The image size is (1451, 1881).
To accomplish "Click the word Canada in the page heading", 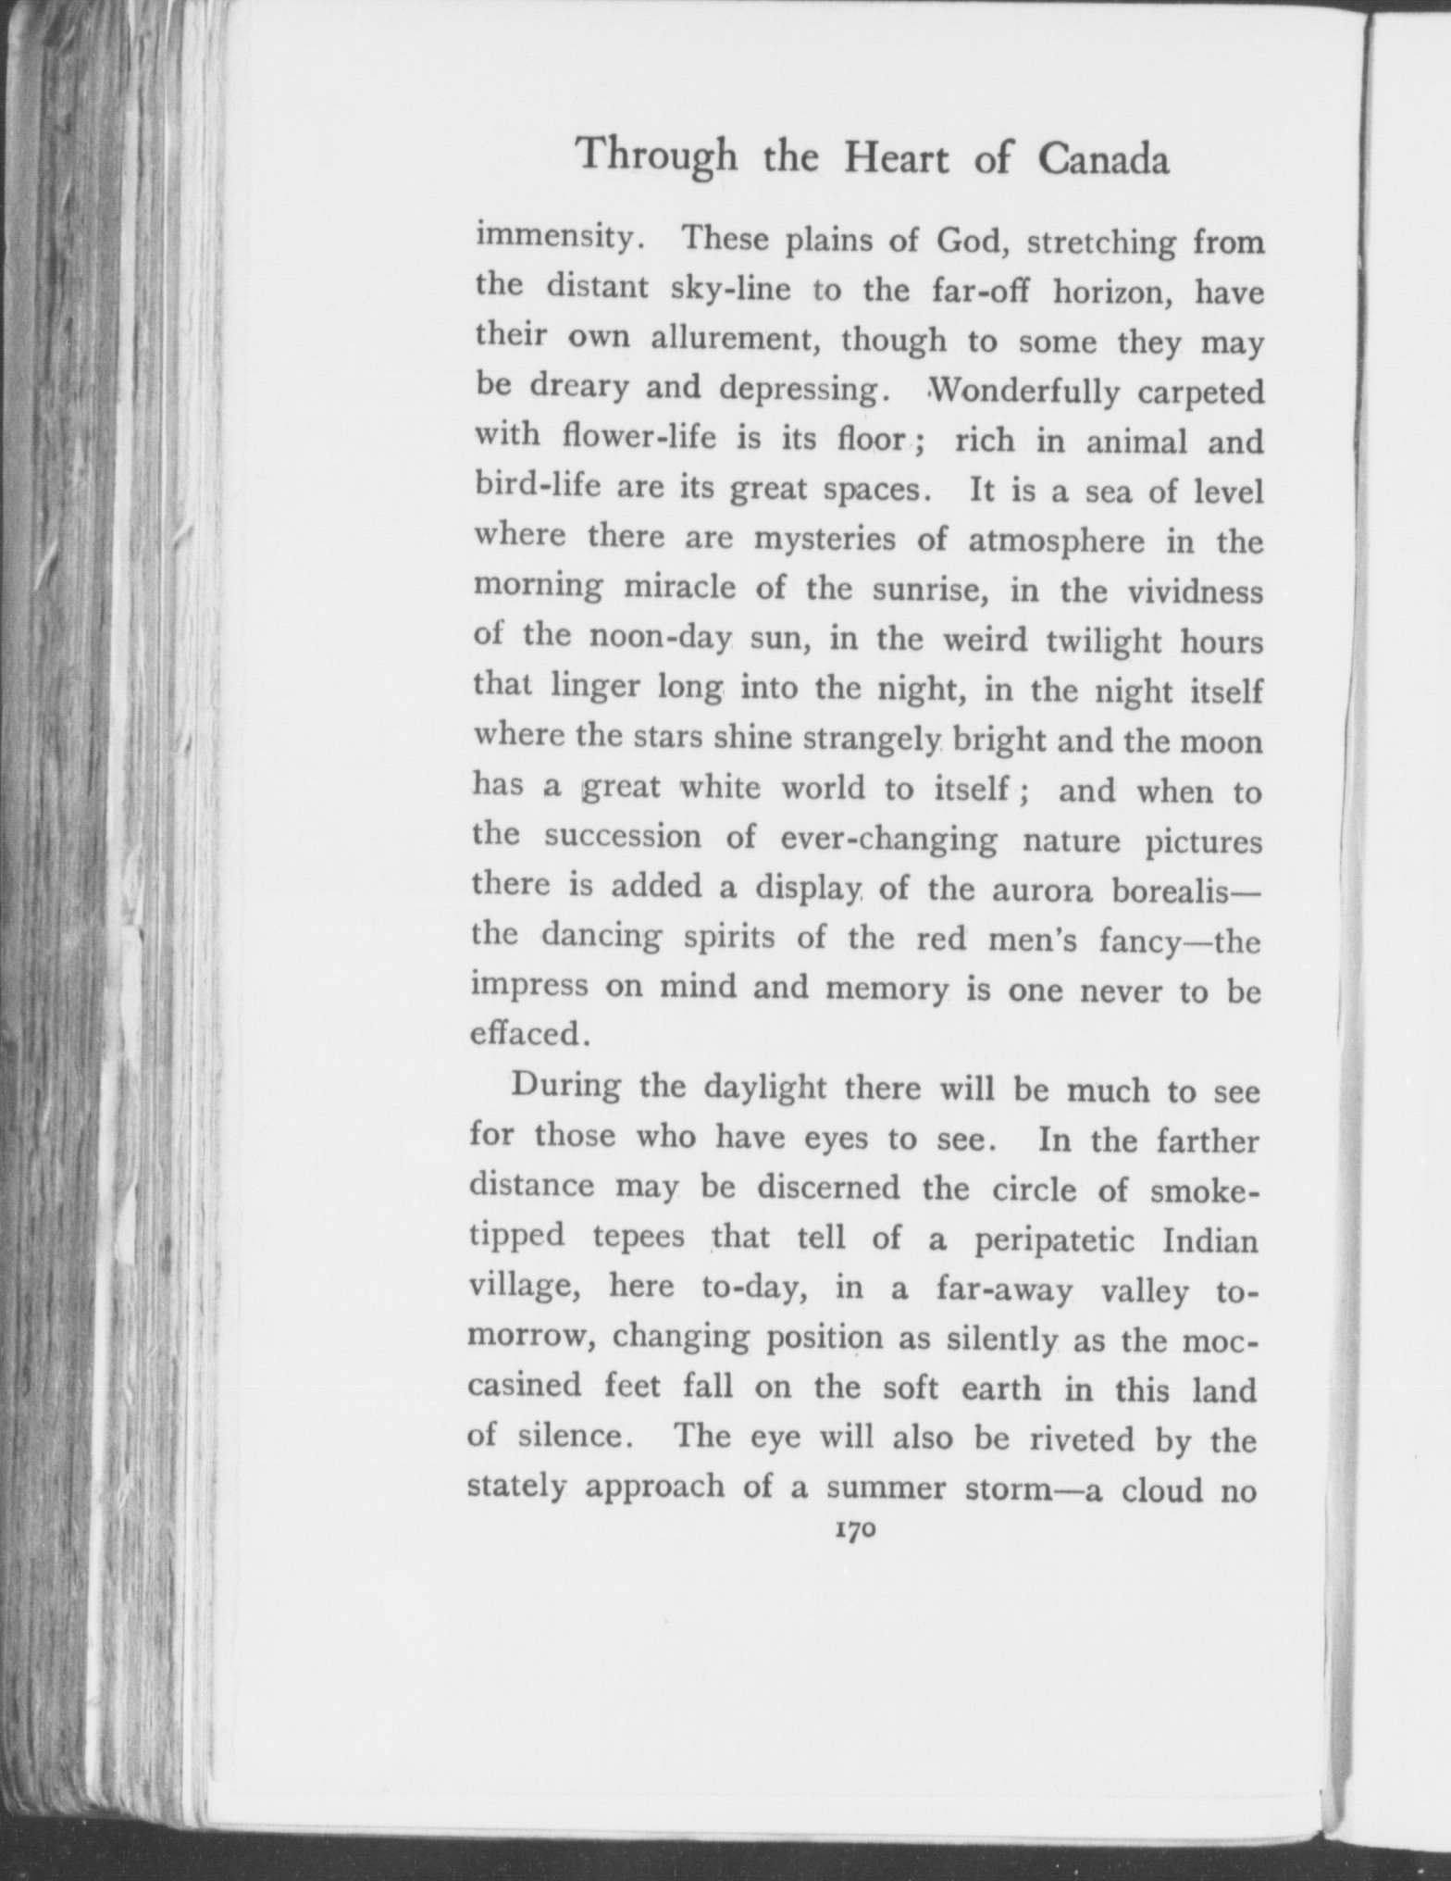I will (x=1102, y=159).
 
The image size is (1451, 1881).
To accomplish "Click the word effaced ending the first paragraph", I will (x=527, y=1032).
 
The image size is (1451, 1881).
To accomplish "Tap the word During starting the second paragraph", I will (x=565, y=1086).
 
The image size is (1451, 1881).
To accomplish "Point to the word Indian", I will (x=1210, y=1239).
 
